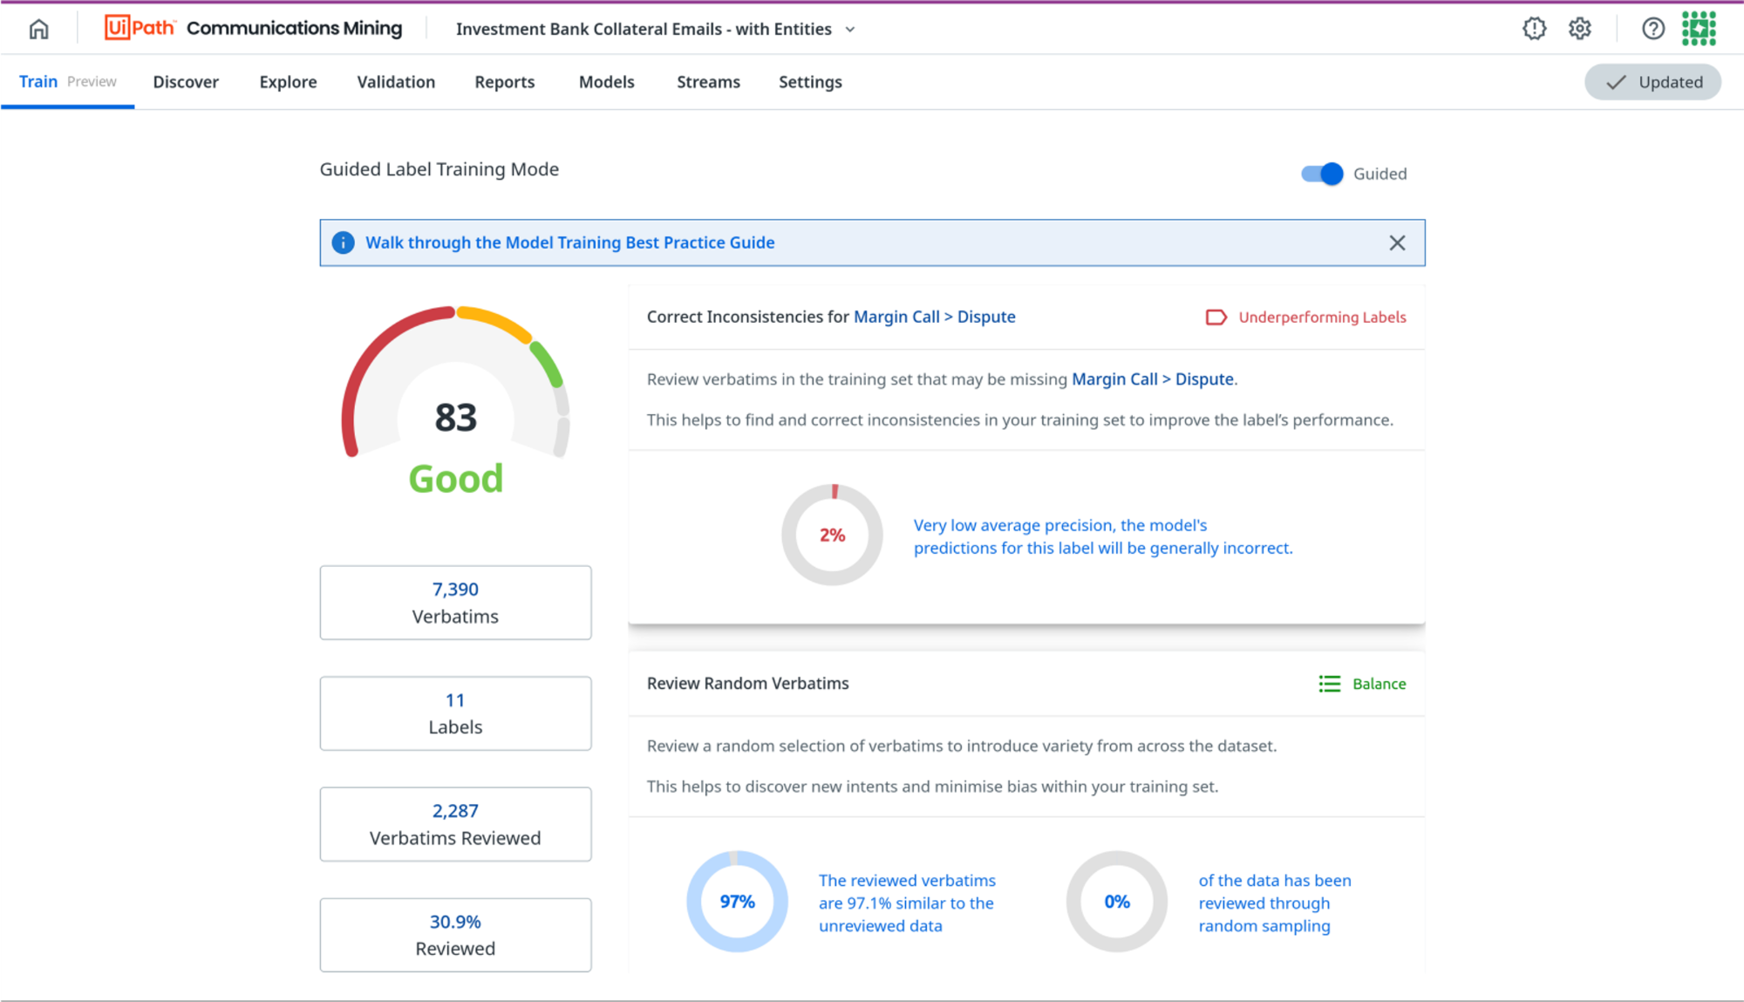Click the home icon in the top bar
tap(38, 29)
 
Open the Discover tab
tap(186, 82)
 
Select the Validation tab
tap(396, 82)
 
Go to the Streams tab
tap(708, 82)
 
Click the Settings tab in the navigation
tap(810, 82)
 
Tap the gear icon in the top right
tap(1580, 29)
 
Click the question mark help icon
tap(1652, 29)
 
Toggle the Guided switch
tap(1322, 174)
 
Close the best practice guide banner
tap(1397, 243)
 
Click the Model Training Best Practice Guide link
tap(569, 243)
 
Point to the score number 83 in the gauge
tap(456, 418)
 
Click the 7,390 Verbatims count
tap(455, 590)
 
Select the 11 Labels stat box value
tap(455, 700)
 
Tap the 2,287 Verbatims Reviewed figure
tap(455, 811)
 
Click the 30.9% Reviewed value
tap(455, 922)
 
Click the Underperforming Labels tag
tap(1306, 317)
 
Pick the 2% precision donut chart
tap(832, 535)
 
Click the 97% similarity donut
tap(737, 902)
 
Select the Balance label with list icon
tap(1363, 684)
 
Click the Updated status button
tap(1652, 82)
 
